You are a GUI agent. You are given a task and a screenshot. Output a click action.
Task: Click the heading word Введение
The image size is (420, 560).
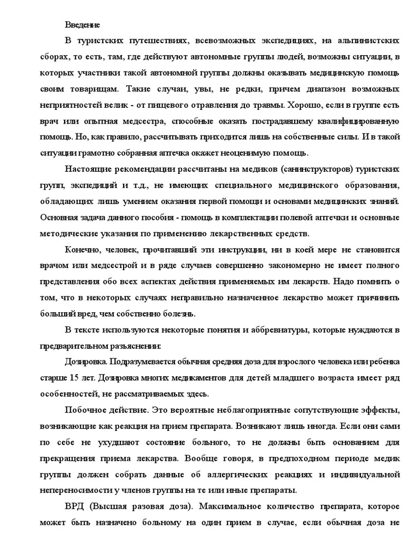pyautogui.click(x=83, y=25)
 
